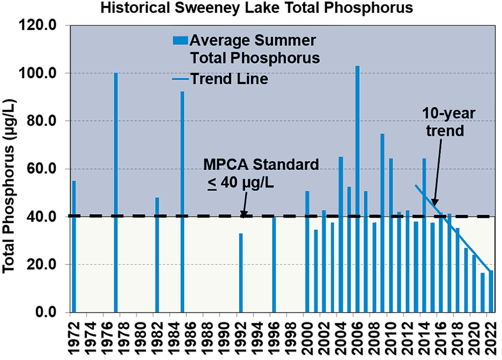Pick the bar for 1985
coord(182,201)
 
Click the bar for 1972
coord(74,246)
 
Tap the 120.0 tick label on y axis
coord(44,26)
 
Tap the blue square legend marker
coord(180,41)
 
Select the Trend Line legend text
coord(229,79)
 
